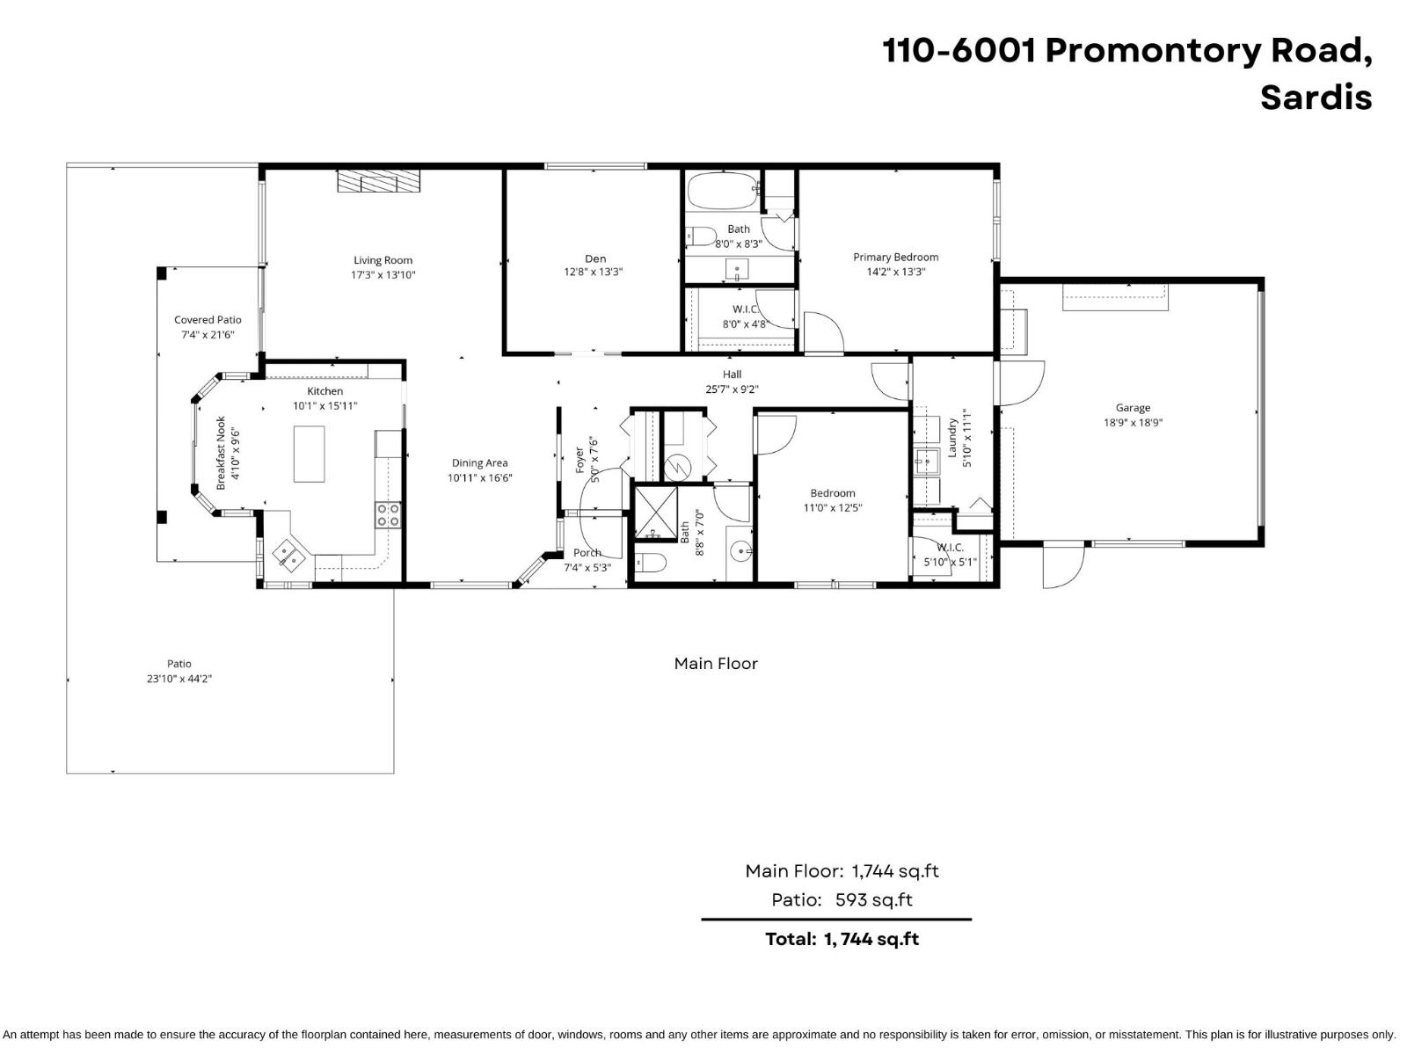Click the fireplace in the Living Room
379,181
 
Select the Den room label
595,258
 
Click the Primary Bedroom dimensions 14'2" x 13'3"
895,273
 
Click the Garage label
1133,408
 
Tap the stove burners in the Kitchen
388,514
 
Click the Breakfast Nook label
222,453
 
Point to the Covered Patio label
208,320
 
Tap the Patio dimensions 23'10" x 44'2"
179,679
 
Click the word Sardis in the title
1316,97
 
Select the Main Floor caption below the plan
716,664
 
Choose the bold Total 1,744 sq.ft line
842,939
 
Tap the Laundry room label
951,437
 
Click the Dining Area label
479,463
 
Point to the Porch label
587,553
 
